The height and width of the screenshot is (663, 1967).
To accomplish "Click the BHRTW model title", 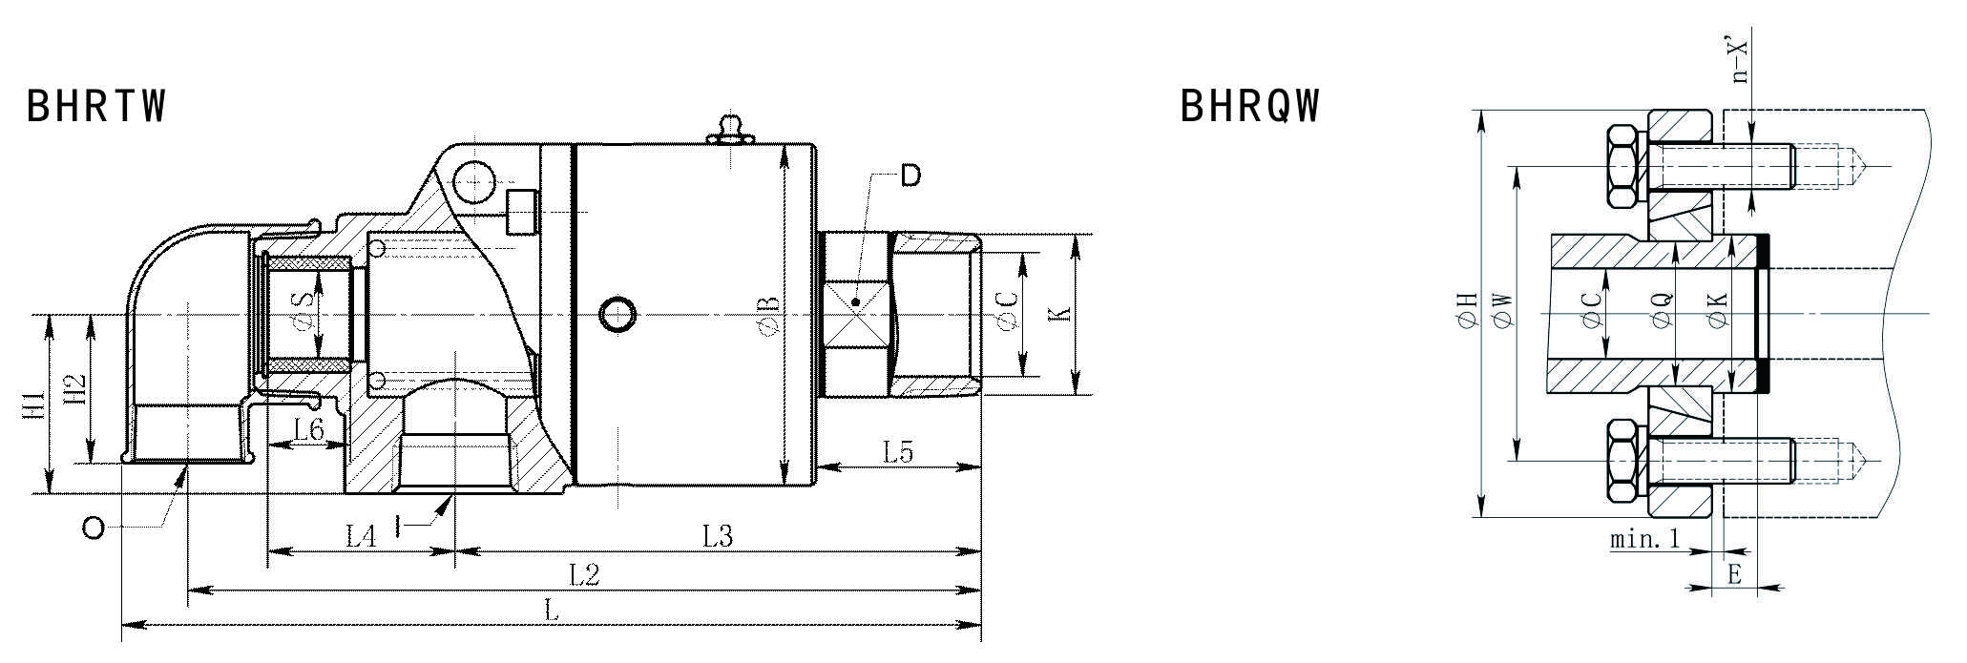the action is [x=96, y=106].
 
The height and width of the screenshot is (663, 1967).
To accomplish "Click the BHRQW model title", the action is [x=1250, y=106].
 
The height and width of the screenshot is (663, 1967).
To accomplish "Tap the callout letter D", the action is [x=911, y=176].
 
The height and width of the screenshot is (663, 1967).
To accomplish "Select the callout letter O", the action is [x=93, y=528].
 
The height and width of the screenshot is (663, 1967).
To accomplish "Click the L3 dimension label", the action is [x=717, y=537].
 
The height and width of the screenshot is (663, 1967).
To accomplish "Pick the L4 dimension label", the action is [x=360, y=537].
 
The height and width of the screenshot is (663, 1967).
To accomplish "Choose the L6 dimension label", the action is [x=309, y=430].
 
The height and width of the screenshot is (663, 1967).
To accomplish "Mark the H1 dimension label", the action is [x=33, y=404].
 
